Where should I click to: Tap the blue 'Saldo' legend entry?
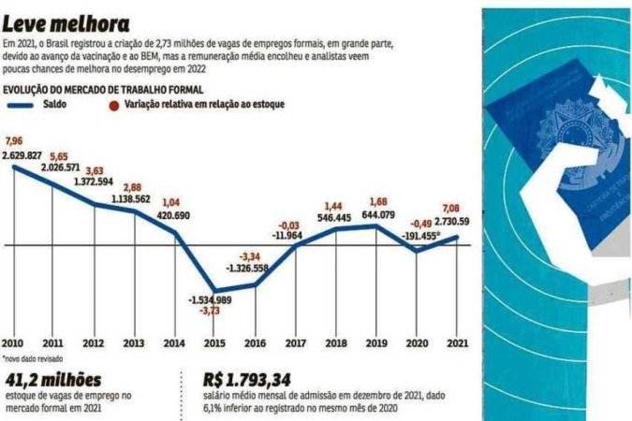click(37, 105)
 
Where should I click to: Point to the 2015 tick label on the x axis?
click(215, 341)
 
